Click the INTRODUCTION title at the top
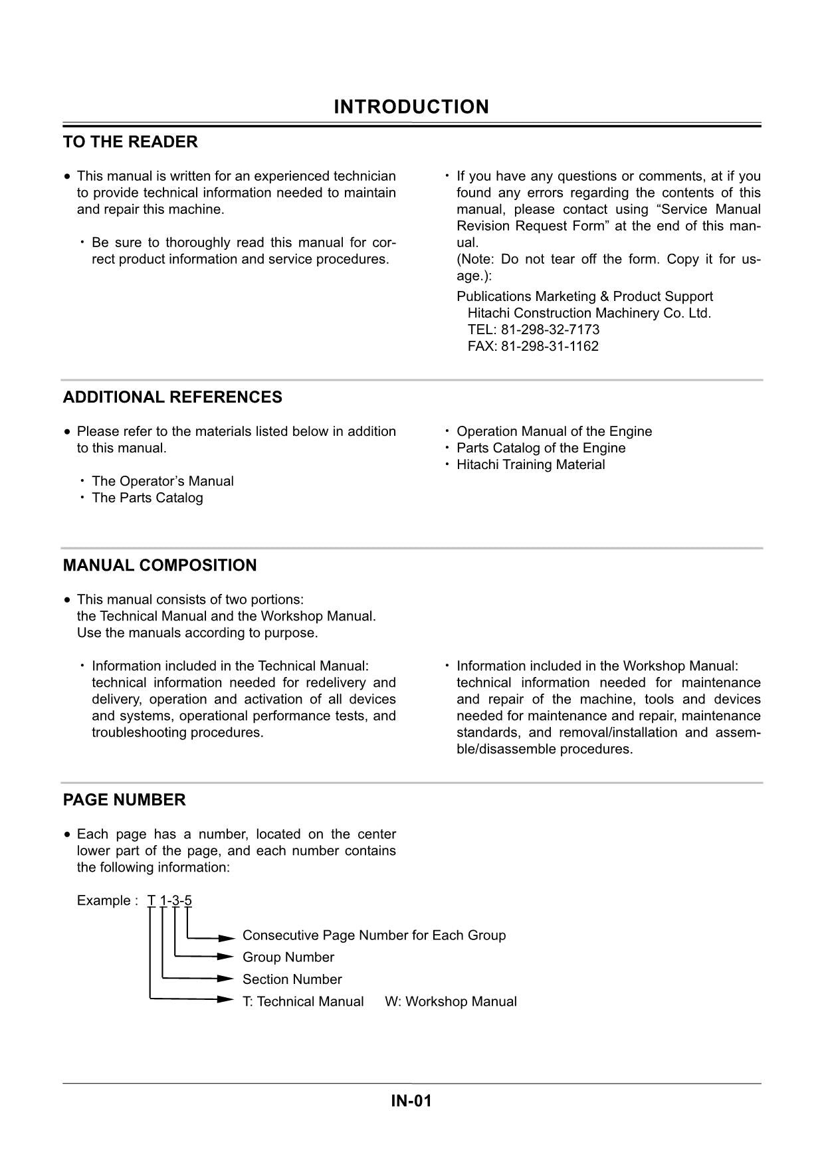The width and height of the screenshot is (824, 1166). point(411,107)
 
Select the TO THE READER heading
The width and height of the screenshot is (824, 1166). point(130,142)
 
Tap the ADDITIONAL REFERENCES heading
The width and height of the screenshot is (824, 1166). point(172,397)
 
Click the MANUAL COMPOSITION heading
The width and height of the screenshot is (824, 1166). point(159,565)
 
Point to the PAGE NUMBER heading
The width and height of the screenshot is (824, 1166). point(124,800)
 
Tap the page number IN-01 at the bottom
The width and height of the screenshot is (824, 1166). point(411,1101)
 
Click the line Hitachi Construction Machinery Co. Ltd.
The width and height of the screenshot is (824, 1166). point(589,313)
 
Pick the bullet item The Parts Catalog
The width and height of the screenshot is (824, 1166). point(147,498)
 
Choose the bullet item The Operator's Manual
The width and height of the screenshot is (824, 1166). point(162,481)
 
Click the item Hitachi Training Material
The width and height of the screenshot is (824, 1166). point(530,464)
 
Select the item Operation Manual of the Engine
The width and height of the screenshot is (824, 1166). point(554,431)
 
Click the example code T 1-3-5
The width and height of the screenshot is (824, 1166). point(170,901)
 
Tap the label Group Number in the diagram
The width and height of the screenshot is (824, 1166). point(288,957)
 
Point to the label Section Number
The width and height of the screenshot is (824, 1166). point(292,979)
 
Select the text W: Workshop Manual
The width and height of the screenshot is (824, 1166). point(451,1002)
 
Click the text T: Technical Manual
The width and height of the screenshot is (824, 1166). point(303,1002)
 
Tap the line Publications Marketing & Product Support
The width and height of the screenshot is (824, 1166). point(584,296)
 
